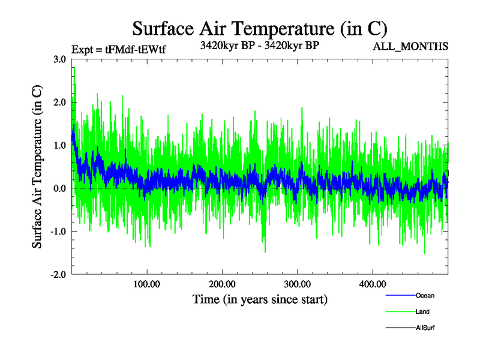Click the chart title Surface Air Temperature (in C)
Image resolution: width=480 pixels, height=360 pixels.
(x=259, y=28)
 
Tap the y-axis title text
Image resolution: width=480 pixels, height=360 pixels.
(x=37, y=167)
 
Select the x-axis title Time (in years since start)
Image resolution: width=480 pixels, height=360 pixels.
(x=260, y=299)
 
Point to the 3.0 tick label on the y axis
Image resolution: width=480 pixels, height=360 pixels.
(x=59, y=59)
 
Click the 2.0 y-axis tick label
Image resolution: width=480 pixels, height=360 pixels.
(x=59, y=103)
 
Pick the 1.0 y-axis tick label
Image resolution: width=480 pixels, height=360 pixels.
(x=59, y=145)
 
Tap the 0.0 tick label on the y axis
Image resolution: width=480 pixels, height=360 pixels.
(x=59, y=188)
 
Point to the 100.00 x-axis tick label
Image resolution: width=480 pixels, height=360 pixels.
(x=147, y=284)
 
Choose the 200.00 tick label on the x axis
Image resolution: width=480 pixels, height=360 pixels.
(x=222, y=284)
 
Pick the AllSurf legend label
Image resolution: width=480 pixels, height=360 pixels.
(x=425, y=328)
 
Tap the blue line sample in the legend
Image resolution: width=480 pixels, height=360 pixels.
(x=400, y=296)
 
